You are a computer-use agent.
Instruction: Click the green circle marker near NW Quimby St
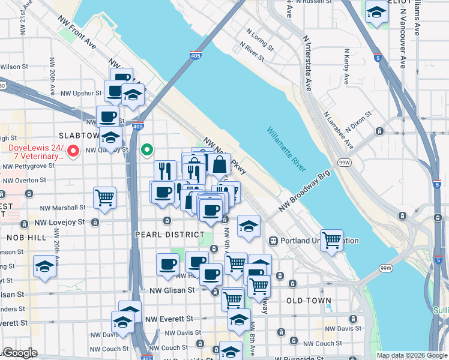pyautogui.click(x=146, y=149)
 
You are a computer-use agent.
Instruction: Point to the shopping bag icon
pyautogui.click(x=219, y=164)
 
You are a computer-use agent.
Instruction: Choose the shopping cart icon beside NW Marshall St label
pyautogui.click(x=104, y=197)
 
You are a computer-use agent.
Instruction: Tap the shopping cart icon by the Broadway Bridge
pyautogui.click(x=331, y=240)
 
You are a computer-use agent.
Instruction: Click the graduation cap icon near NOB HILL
pyautogui.click(x=44, y=266)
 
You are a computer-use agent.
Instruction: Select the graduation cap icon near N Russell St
pyautogui.click(x=376, y=12)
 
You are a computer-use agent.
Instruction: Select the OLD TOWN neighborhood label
pyautogui.click(x=309, y=300)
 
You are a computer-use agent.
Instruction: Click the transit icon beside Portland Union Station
pyautogui.click(x=273, y=241)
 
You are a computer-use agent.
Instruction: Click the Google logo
pyautogui.click(x=19, y=353)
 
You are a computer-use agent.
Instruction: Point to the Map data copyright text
pyautogui.click(x=412, y=355)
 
